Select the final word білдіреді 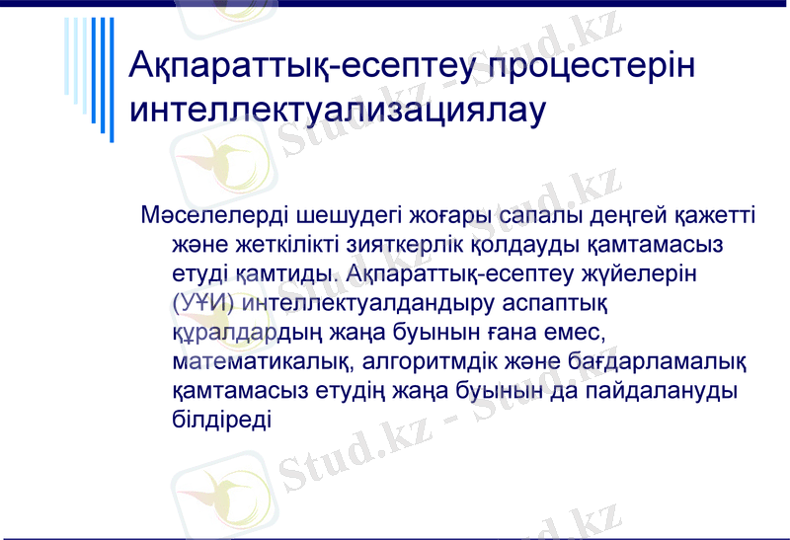220,418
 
